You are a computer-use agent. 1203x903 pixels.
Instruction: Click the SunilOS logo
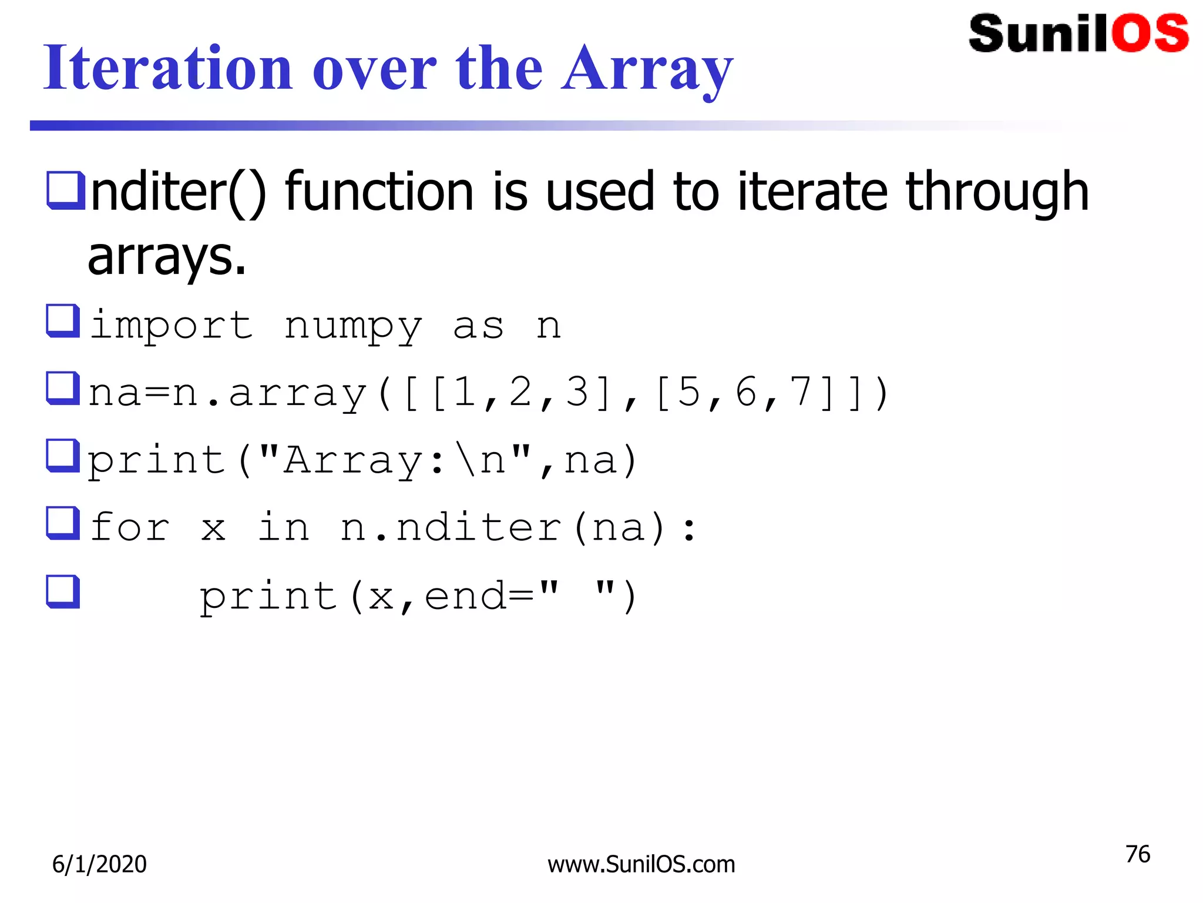click(x=1078, y=34)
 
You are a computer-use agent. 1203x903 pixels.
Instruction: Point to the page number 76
click(x=1137, y=854)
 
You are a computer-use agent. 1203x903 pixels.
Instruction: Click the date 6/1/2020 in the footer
click(x=99, y=864)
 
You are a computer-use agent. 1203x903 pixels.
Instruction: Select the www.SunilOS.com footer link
click(x=641, y=865)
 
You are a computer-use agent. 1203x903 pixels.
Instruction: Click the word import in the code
click(x=171, y=326)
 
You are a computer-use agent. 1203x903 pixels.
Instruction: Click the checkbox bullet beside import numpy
click(x=63, y=321)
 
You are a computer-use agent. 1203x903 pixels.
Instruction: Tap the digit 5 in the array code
click(x=688, y=393)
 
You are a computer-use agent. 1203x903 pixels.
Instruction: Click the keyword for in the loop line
click(x=129, y=527)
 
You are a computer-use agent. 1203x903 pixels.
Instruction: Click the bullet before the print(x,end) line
click(x=63, y=591)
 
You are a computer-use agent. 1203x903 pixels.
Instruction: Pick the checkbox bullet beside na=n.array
click(x=63, y=388)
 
